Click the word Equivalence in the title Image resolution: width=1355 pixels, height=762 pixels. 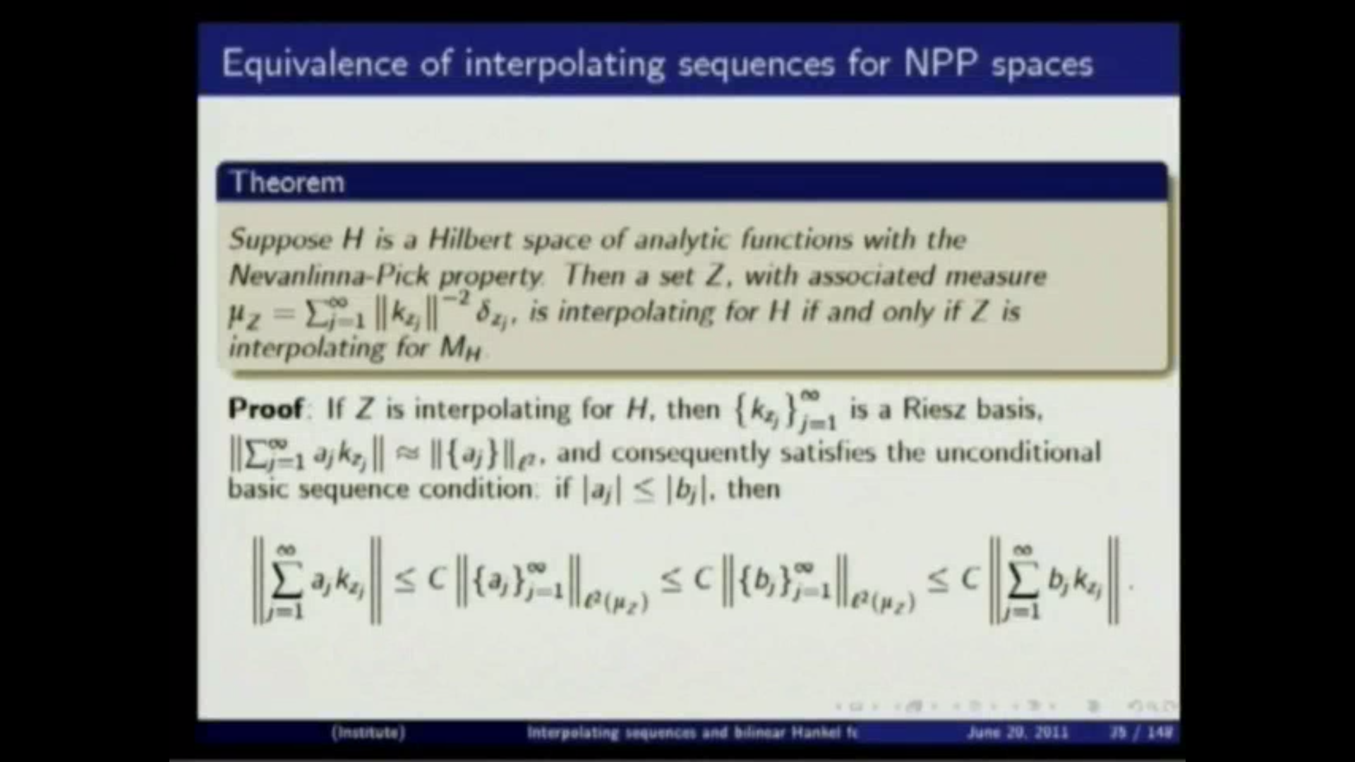coord(314,64)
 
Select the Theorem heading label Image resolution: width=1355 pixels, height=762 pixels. coord(288,183)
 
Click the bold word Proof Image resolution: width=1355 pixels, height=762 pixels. coord(265,409)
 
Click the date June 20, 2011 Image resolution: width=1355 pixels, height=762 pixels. coord(1017,732)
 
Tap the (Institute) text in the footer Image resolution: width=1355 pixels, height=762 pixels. coord(368,732)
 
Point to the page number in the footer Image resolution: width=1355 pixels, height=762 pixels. coord(1140,732)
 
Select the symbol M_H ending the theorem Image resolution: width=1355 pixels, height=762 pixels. coord(459,349)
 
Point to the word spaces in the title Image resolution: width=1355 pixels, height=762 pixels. coord(1042,65)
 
